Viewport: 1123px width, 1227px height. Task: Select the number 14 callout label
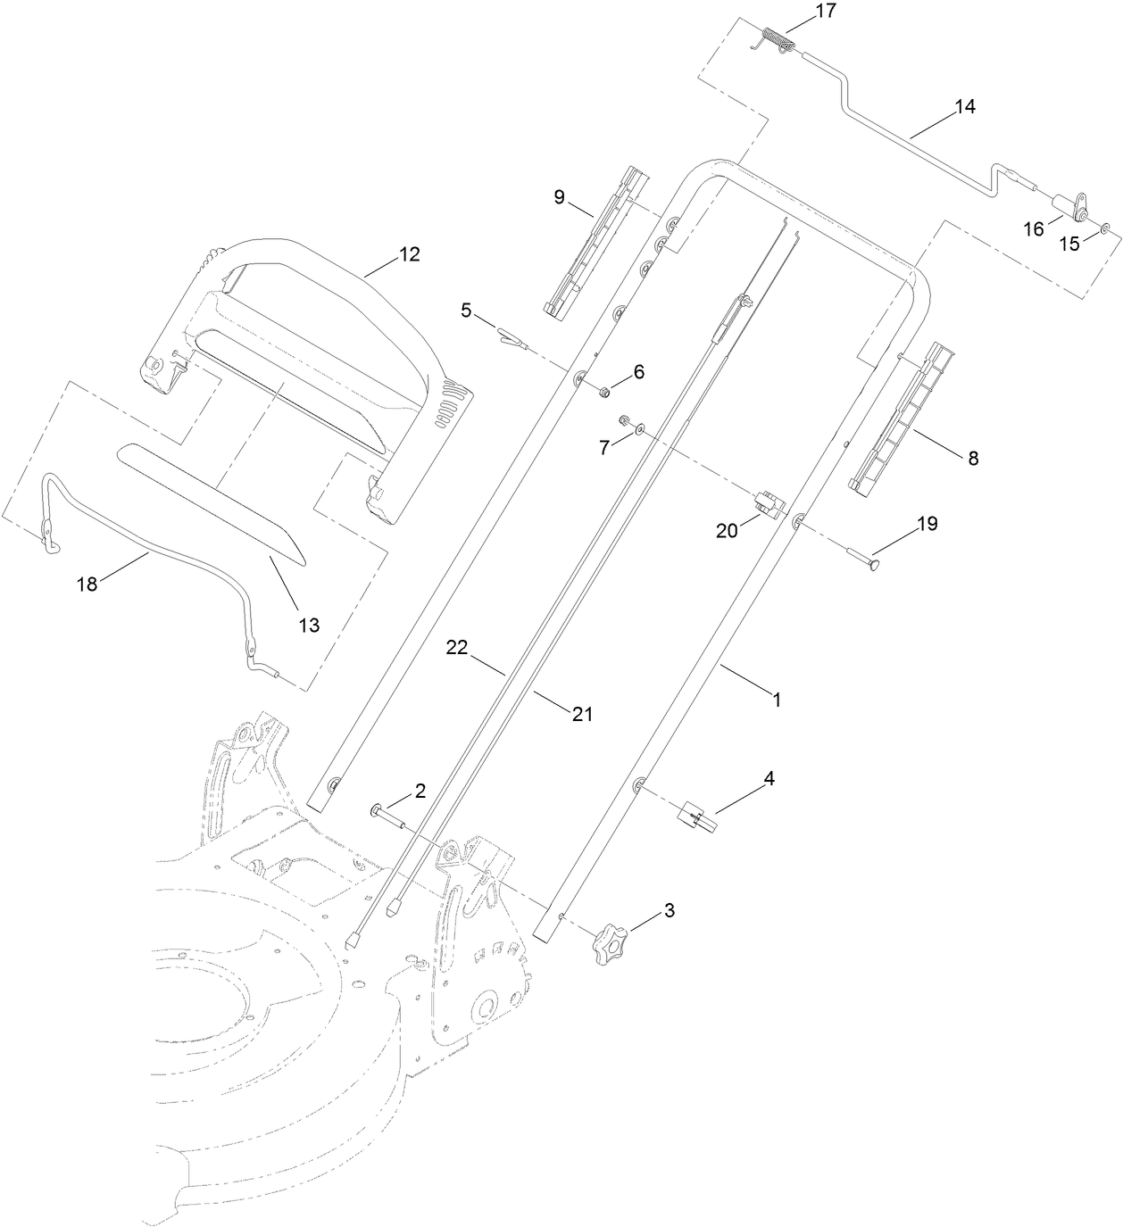[964, 107]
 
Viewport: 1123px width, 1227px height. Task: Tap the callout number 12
[408, 254]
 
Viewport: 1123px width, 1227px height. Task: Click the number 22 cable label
[457, 650]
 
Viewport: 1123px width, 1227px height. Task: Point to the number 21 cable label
[582, 713]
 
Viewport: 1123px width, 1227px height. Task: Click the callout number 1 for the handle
[776, 701]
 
